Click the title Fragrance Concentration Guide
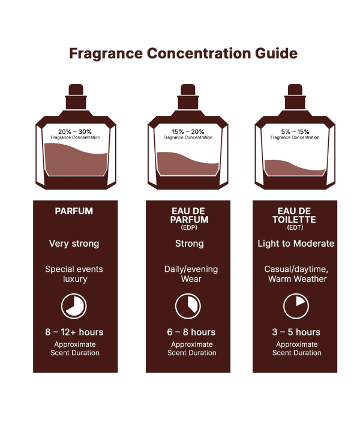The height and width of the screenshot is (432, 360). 183,53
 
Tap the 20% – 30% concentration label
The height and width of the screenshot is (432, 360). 75,131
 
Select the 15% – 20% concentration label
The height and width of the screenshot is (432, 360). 189,131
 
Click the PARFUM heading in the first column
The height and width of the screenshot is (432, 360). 74,212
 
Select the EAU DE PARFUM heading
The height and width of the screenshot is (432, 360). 189,215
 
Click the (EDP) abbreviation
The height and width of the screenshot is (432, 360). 189,228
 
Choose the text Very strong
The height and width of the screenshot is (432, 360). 74,244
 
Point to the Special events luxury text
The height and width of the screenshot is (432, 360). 74,274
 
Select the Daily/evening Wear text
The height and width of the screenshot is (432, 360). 189,274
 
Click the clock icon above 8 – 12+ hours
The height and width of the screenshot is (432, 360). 74,306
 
